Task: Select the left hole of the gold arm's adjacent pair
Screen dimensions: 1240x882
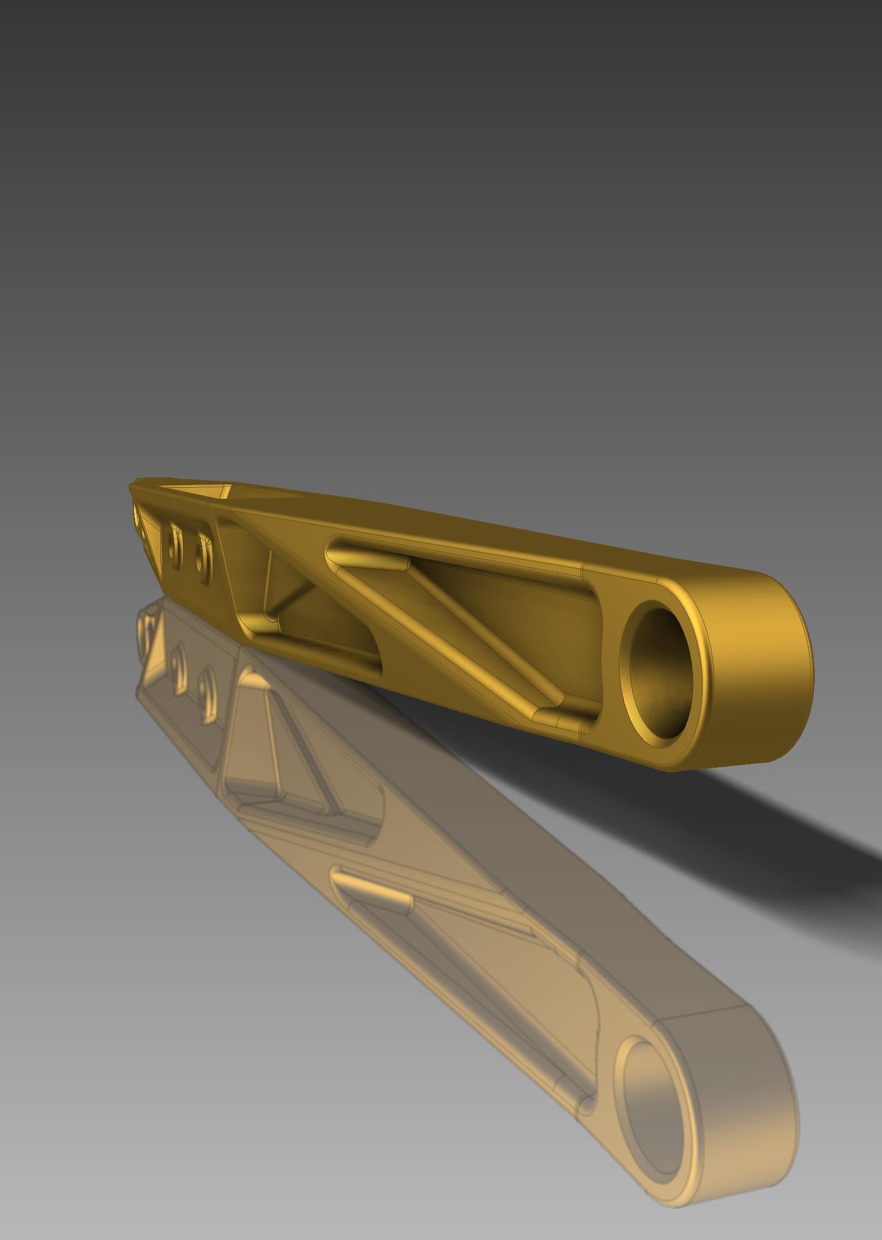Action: pyautogui.click(x=174, y=547)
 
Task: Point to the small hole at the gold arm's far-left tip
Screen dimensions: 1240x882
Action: pyautogui.click(x=136, y=515)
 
